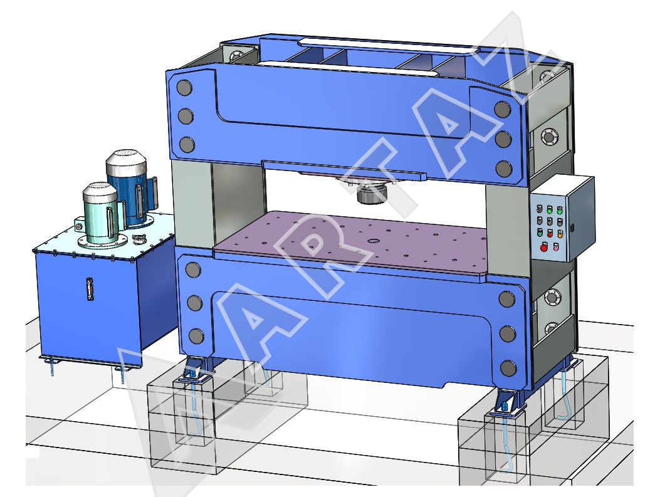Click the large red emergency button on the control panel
[x=543, y=248]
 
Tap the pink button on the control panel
[x=557, y=248]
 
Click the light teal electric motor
[x=101, y=214]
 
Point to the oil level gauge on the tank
[x=89, y=289]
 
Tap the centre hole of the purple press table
[x=372, y=241]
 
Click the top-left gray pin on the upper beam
[x=184, y=88]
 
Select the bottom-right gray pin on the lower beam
[x=508, y=369]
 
